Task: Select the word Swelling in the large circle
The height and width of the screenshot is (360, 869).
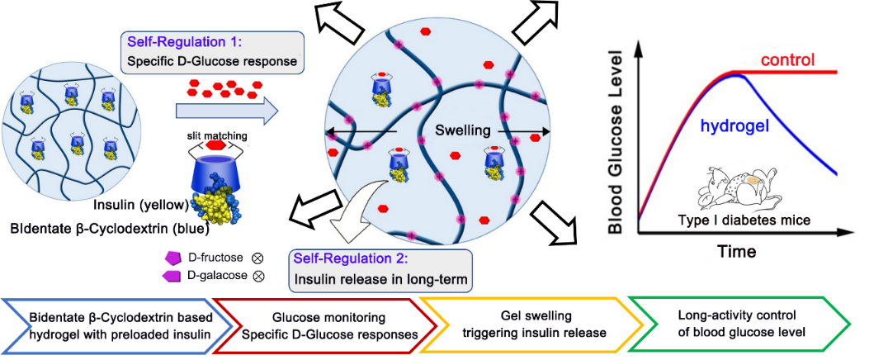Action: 464,131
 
